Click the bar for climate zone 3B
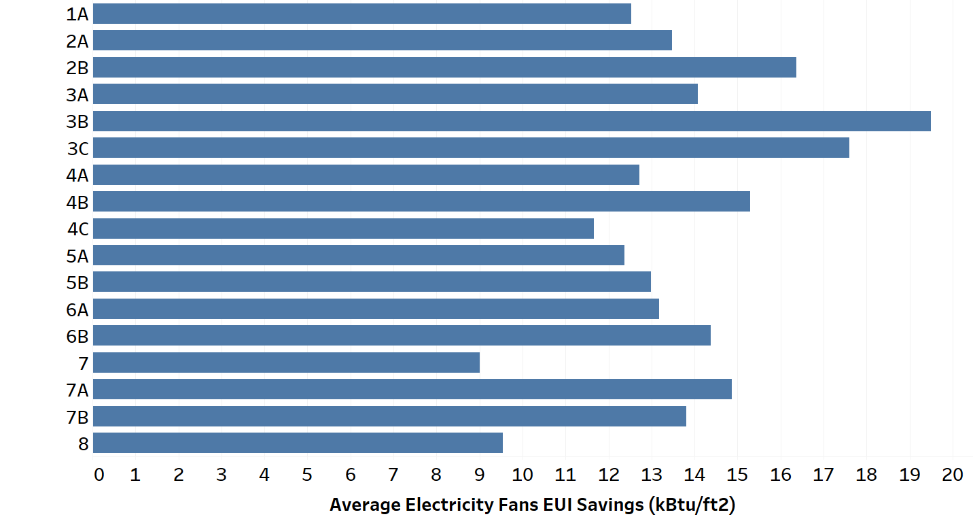(x=511, y=121)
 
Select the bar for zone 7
(x=286, y=363)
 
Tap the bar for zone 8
(x=298, y=443)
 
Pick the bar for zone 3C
(x=470, y=148)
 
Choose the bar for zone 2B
(x=444, y=67)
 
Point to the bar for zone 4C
(x=343, y=229)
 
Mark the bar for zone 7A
(x=412, y=389)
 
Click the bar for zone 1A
(x=361, y=14)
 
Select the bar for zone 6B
(x=402, y=335)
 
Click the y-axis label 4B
(x=77, y=202)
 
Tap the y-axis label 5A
(x=77, y=256)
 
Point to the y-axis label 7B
(x=77, y=417)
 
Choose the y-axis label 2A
(x=77, y=41)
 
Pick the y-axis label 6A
(x=77, y=309)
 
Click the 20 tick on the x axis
(x=953, y=475)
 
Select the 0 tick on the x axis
(x=99, y=475)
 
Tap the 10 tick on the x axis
(x=523, y=475)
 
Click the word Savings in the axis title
(x=611, y=505)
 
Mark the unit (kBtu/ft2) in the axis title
(x=693, y=505)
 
